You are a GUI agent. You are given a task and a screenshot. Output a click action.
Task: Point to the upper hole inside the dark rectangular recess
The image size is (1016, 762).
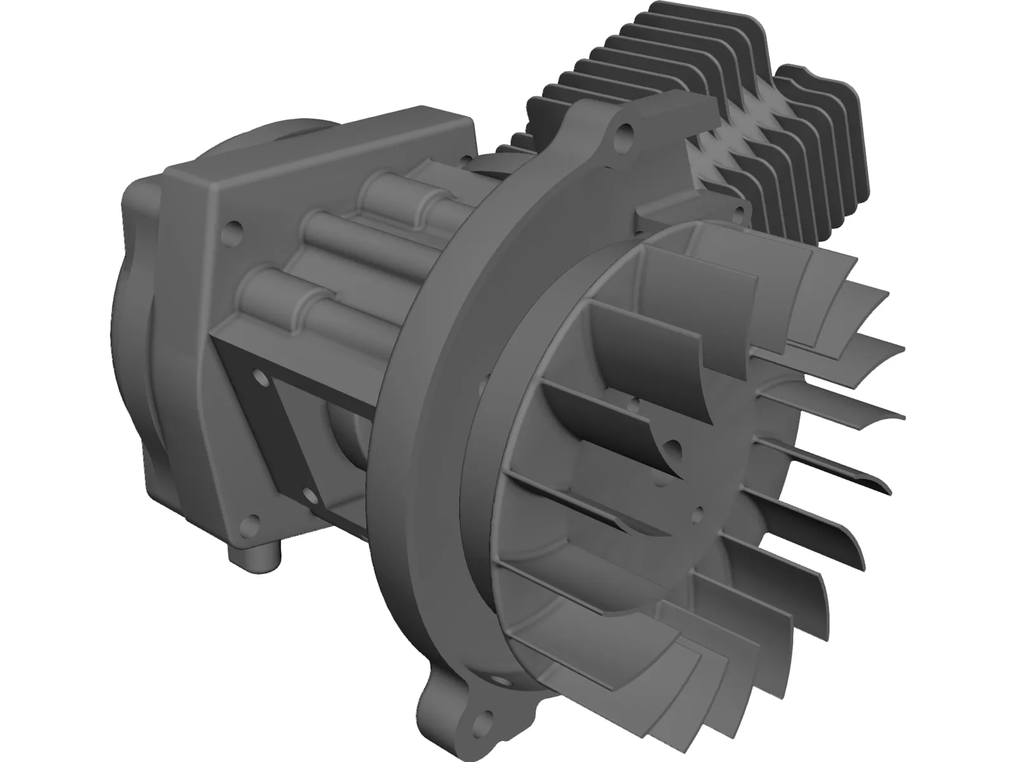(x=261, y=379)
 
